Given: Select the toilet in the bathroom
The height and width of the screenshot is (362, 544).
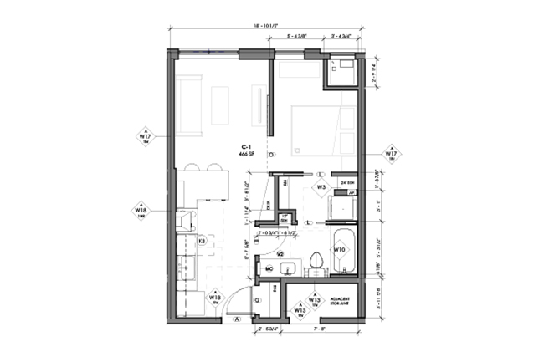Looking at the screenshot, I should click(316, 262).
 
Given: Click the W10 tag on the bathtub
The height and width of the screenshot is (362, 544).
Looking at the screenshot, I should click(341, 249).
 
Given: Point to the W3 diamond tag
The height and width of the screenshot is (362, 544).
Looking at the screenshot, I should click(321, 187).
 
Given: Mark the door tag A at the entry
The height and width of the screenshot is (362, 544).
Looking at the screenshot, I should click(237, 319).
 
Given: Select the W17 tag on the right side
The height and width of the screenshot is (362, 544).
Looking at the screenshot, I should click(391, 154).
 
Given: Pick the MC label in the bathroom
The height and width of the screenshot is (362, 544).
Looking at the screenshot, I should click(259, 268).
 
